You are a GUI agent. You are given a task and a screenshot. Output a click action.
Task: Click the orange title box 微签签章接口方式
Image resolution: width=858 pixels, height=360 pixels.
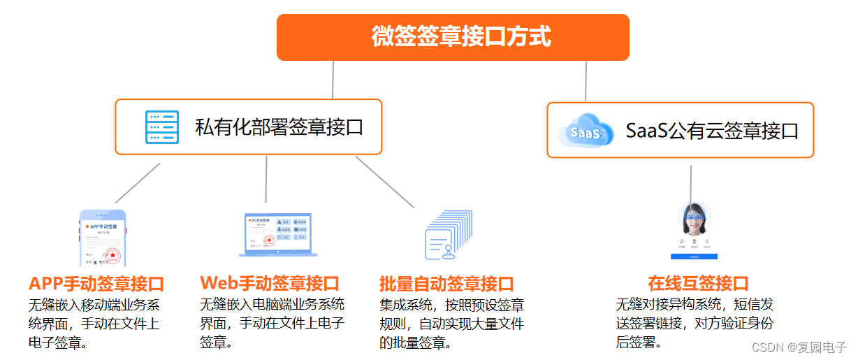tap(453, 37)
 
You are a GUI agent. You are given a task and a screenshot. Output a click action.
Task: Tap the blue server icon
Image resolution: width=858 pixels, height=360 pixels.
tap(162, 127)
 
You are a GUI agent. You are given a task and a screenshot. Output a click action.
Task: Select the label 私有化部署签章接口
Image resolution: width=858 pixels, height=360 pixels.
tap(279, 127)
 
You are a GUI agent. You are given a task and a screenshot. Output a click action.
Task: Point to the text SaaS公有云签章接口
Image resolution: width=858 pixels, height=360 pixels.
tap(712, 131)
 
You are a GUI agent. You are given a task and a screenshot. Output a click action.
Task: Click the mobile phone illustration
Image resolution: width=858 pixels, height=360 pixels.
tap(103, 238)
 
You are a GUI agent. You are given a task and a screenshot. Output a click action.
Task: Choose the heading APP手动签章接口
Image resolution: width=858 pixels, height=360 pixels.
tap(96, 284)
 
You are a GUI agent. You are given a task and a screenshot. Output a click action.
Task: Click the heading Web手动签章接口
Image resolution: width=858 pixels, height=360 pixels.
tap(270, 283)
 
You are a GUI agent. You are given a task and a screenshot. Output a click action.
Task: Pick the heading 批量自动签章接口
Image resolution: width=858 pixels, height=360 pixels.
tap(446, 284)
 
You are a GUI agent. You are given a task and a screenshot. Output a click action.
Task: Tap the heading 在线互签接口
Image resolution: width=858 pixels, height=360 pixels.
tap(698, 284)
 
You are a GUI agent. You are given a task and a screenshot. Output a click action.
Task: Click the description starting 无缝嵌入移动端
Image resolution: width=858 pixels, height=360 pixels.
tap(94, 324)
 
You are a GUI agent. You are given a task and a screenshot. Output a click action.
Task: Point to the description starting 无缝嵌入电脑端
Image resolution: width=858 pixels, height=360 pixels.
tap(272, 323)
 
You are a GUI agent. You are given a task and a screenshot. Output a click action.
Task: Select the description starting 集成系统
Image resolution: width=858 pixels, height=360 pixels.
tap(451, 324)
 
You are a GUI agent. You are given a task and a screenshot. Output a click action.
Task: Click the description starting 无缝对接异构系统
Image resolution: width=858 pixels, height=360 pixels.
tap(695, 324)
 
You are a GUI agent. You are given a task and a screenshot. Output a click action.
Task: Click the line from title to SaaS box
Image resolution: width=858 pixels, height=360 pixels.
tap(586, 81)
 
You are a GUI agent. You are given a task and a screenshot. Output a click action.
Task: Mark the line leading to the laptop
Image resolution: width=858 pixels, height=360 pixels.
tap(266, 179)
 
